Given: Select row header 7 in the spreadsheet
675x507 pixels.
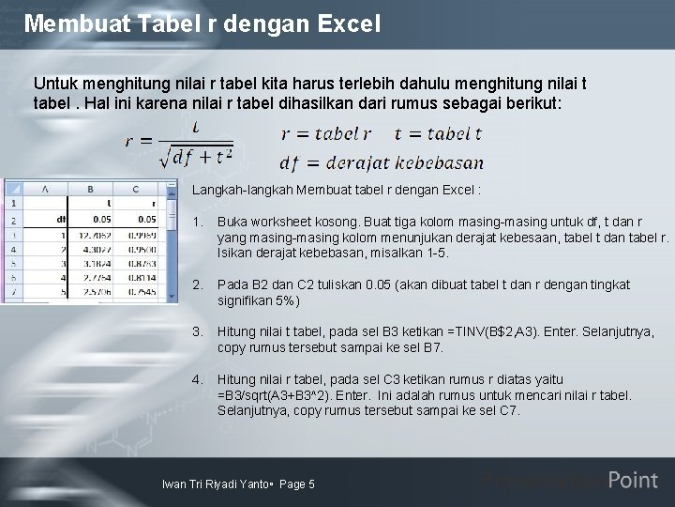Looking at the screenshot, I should tap(14, 292).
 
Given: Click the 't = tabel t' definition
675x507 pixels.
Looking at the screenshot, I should tap(438, 133).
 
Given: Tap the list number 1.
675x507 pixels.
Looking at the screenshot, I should tap(197, 223).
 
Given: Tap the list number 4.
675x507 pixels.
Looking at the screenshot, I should tap(197, 379).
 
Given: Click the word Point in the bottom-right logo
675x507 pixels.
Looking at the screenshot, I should tap(633, 481).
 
